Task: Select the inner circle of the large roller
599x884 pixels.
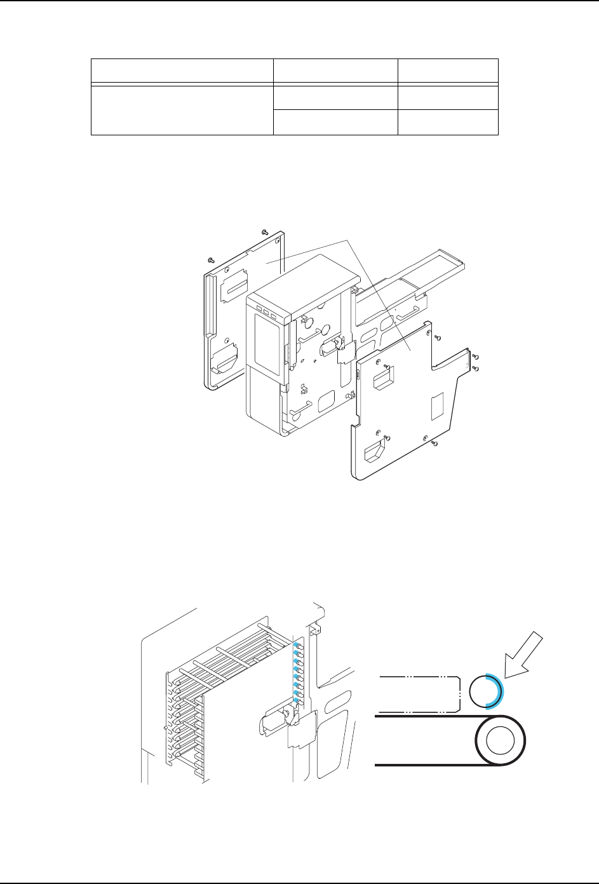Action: pyautogui.click(x=500, y=740)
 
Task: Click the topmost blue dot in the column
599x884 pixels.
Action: pyautogui.click(x=296, y=644)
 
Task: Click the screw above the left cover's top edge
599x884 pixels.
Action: pyautogui.click(x=264, y=233)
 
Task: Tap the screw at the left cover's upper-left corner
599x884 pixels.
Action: pyautogui.click(x=211, y=260)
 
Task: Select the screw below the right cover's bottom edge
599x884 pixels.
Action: pyautogui.click(x=433, y=443)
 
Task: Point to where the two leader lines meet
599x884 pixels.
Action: pyautogui.click(x=347, y=240)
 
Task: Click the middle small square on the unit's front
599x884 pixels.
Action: pyautogui.click(x=266, y=313)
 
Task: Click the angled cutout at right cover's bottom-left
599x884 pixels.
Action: pyautogui.click(x=375, y=454)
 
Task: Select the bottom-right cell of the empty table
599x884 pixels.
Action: pyautogui.click(x=448, y=122)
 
